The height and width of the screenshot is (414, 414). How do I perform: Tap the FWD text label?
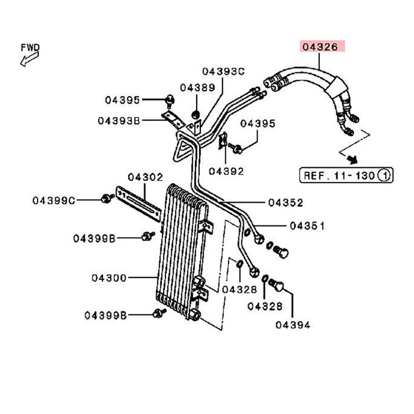pyautogui.click(x=31, y=47)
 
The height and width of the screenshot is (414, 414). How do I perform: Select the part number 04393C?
pyautogui.click(x=223, y=71)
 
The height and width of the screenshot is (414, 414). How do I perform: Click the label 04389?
pyautogui.click(x=197, y=88)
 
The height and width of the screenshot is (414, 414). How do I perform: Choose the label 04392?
pyautogui.click(x=227, y=170)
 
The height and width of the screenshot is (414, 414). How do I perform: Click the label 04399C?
pyautogui.click(x=54, y=200)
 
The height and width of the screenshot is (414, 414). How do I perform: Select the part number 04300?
pyautogui.click(x=109, y=278)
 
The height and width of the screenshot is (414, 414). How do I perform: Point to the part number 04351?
pyautogui.click(x=307, y=226)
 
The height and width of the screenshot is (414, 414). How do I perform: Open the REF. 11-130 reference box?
pyautogui.click(x=346, y=175)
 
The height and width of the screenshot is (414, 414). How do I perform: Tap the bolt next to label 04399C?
pyautogui.click(x=107, y=198)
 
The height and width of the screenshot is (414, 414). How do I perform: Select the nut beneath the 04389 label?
pyautogui.click(x=196, y=114)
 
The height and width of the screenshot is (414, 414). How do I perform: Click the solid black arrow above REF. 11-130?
pyautogui.click(x=351, y=156)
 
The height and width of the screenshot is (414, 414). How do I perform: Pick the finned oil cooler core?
pyautogui.click(x=181, y=248)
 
